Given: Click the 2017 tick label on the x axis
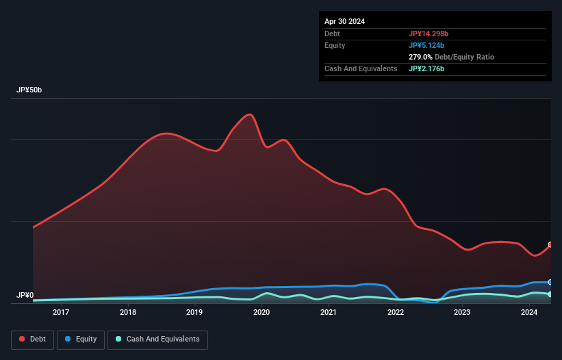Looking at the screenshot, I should coord(61,313).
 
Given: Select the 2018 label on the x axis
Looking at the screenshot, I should coord(128,313).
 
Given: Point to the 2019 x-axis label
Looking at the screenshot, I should coord(194,313).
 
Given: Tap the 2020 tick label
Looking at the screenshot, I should coord(261,313).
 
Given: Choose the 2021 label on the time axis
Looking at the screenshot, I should coord(329,313).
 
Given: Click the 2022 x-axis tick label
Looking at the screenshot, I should coord(396,313).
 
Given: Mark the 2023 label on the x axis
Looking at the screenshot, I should coord(462,313).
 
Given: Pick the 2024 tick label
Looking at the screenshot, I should coord(529,313).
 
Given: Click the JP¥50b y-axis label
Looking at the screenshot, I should coord(30,90).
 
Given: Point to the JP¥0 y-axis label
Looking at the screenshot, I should coord(25,296).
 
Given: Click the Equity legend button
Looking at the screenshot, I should coord(81,339).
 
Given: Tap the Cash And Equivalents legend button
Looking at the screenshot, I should coord(157,339).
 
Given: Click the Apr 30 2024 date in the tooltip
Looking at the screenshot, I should coord(345,21).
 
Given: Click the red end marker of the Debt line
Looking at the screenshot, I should coord(550,245).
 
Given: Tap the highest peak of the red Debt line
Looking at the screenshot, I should coord(250,114).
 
